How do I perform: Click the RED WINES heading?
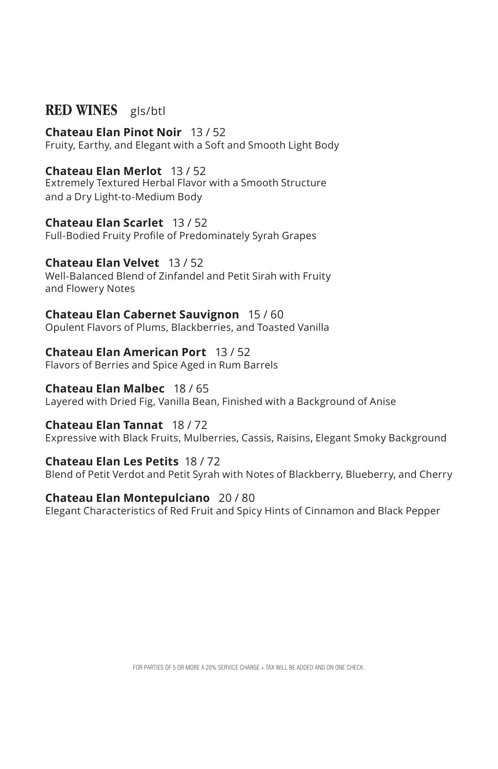click(x=81, y=110)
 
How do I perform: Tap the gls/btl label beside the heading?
click(x=147, y=111)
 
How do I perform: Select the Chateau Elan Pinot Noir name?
click(x=113, y=132)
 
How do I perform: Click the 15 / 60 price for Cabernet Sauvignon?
click(x=266, y=314)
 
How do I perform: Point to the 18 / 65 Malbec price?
click(x=191, y=389)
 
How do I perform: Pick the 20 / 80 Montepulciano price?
click(x=237, y=498)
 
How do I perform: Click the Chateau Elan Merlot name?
click(x=103, y=171)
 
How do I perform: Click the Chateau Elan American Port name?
click(x=125, y=352)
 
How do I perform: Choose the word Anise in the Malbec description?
click(x=383, y=401)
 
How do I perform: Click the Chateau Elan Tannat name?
click(x=104, y=425)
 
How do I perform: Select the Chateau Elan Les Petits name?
click(x=112, y=461)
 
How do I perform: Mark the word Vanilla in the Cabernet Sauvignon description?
click(x=313, y=327)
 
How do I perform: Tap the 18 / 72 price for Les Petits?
click(x=202, y=461)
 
